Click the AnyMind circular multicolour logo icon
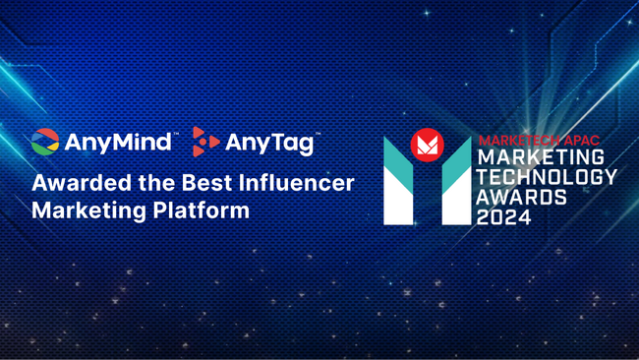coord(45,142)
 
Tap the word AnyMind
coord(119,144)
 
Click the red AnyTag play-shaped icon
coord(204,142)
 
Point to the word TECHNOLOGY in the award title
coord(547,177)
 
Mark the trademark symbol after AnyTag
coord(318,134)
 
